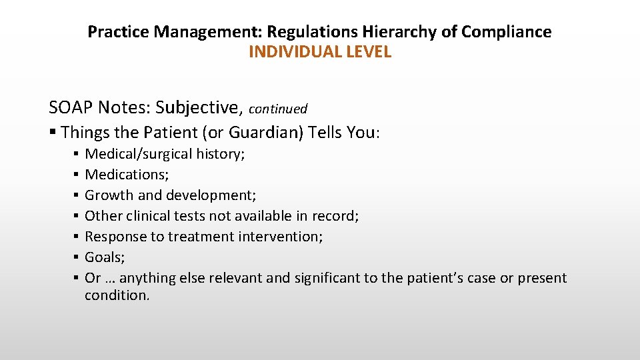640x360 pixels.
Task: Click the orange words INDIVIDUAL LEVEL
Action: pos(319,52)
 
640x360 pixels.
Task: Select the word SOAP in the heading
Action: pos(71,107)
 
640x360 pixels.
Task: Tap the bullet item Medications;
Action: pos(127,175)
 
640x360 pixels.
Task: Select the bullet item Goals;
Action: pos(104,257)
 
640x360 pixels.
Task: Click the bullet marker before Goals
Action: pos(77,257)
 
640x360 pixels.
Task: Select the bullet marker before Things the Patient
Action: pos(53,133)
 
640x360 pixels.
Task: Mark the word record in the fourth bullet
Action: pos(337,216)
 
